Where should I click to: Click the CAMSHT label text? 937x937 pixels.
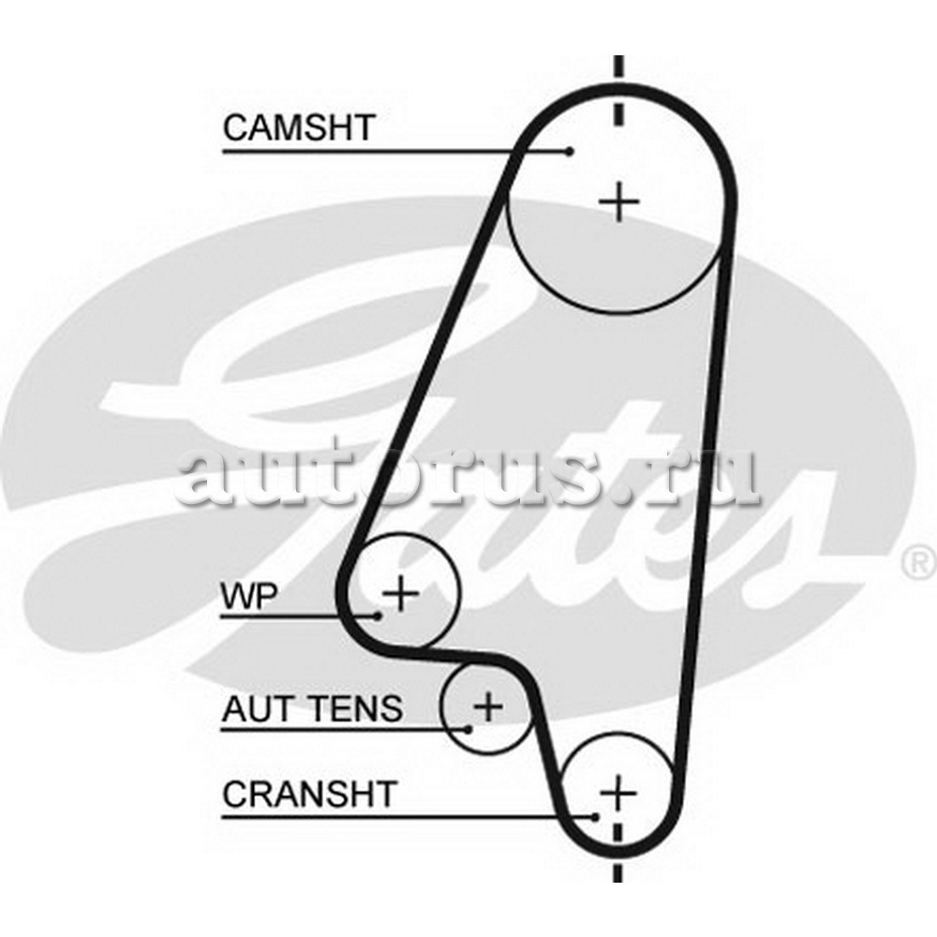299,127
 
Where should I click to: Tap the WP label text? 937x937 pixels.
249,595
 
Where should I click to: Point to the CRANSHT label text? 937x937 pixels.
309,795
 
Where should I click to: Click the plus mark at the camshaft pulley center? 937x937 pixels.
619,202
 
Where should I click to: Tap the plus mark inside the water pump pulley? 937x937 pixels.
401,594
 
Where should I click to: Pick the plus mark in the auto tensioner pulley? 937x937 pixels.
489,706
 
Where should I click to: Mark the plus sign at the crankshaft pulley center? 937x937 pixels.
618,794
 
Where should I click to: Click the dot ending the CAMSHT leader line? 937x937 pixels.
570,151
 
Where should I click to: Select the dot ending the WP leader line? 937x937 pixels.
378,616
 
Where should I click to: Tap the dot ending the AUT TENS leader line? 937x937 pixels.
468,729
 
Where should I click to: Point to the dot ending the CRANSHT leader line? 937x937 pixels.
595,817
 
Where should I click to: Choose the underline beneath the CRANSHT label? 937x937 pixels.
409,817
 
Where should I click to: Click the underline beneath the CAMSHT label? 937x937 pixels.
396,152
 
